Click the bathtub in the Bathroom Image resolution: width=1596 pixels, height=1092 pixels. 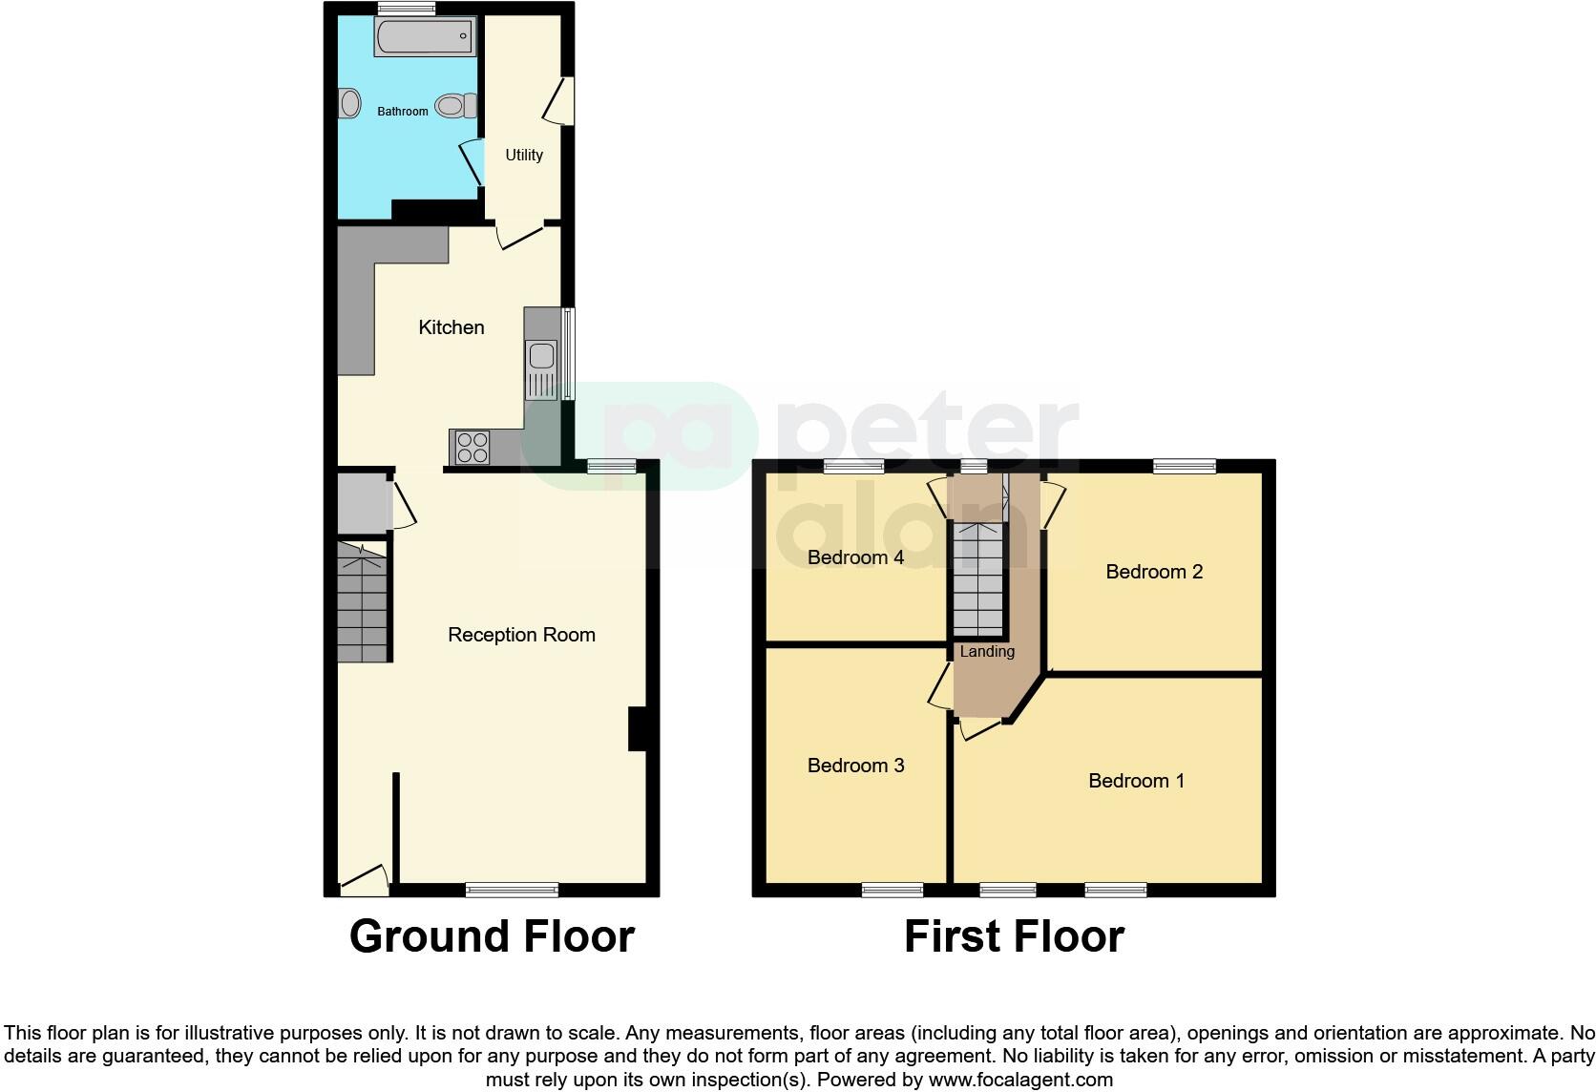[423, 38]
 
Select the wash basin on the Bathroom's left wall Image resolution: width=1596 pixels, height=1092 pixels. [349, 103]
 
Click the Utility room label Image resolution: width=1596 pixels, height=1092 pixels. [524, 155]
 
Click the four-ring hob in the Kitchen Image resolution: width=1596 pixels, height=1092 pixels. [472, 447]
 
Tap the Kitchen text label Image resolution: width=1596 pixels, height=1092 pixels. [451, 327]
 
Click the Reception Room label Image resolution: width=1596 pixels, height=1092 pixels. [521, 635]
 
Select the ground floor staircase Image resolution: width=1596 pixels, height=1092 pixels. [363, 602]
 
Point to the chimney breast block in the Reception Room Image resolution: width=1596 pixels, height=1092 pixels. [637, 729]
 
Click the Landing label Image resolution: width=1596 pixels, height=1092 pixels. [987, 651]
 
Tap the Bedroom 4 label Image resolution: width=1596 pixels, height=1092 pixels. [855, 557]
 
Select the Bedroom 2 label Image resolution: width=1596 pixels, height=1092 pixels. [1154, 572]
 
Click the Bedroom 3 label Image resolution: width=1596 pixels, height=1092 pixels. [855, 766]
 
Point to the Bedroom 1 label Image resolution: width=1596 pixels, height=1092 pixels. [1136, 781]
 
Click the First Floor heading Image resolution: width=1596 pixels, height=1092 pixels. [1014, 936]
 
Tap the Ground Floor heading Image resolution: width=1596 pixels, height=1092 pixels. [492, 936]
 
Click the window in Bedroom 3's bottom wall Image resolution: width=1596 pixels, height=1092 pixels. [892, 890]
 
